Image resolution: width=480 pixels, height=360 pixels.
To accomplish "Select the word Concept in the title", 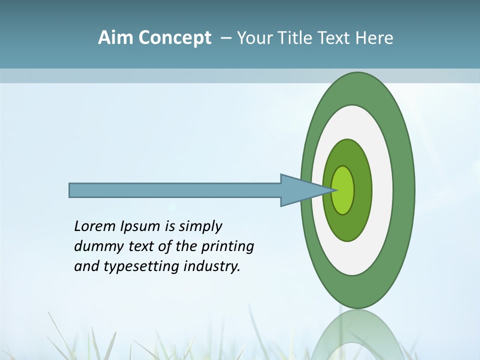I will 175,38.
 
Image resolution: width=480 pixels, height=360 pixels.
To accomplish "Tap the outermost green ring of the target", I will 404,190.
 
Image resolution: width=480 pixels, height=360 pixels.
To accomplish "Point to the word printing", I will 227,247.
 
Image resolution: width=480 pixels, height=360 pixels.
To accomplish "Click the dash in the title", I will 225,38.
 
